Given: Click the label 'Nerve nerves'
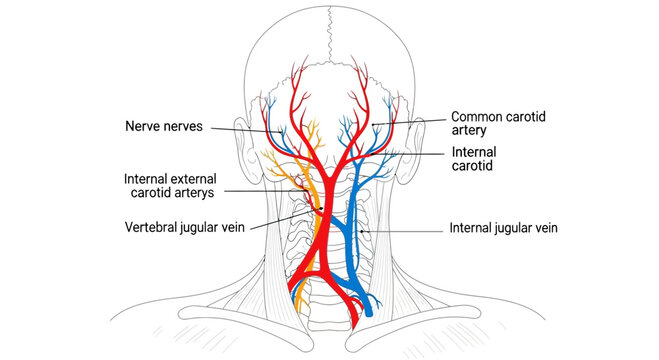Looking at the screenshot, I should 166,126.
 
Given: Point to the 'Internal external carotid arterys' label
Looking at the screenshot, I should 175,185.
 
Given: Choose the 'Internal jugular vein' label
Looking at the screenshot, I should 503,228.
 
